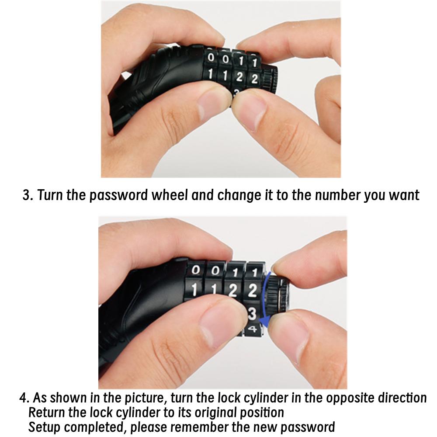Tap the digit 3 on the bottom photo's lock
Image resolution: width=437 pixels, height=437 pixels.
click(252, 313)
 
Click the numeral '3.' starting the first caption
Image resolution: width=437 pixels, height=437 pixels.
click(27, 195)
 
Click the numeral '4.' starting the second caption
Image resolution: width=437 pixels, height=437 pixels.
click(25, 398)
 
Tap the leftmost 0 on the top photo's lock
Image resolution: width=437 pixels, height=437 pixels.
click(211, 57)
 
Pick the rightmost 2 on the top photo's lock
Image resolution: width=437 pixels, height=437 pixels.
click(254, 79)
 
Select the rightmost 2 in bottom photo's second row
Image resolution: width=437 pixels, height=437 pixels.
click(252, 290)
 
